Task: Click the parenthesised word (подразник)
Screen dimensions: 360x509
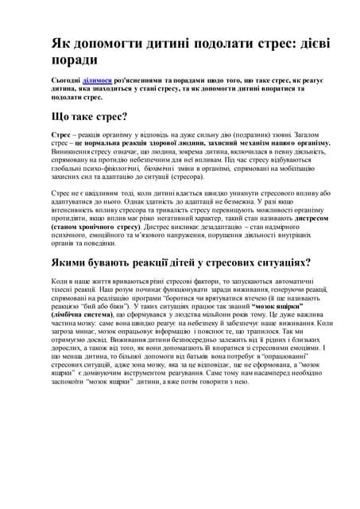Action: click(x=245, y=136)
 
